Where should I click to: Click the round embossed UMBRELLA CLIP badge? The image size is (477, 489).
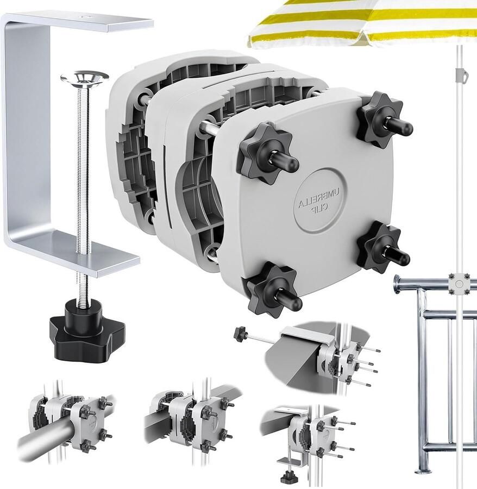[x=320, y=200]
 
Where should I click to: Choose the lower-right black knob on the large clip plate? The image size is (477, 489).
[x=382, y=248]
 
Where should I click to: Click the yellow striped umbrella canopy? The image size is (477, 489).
[x=362, y=23]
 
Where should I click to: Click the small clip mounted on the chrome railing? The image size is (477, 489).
[x=459, y=284]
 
